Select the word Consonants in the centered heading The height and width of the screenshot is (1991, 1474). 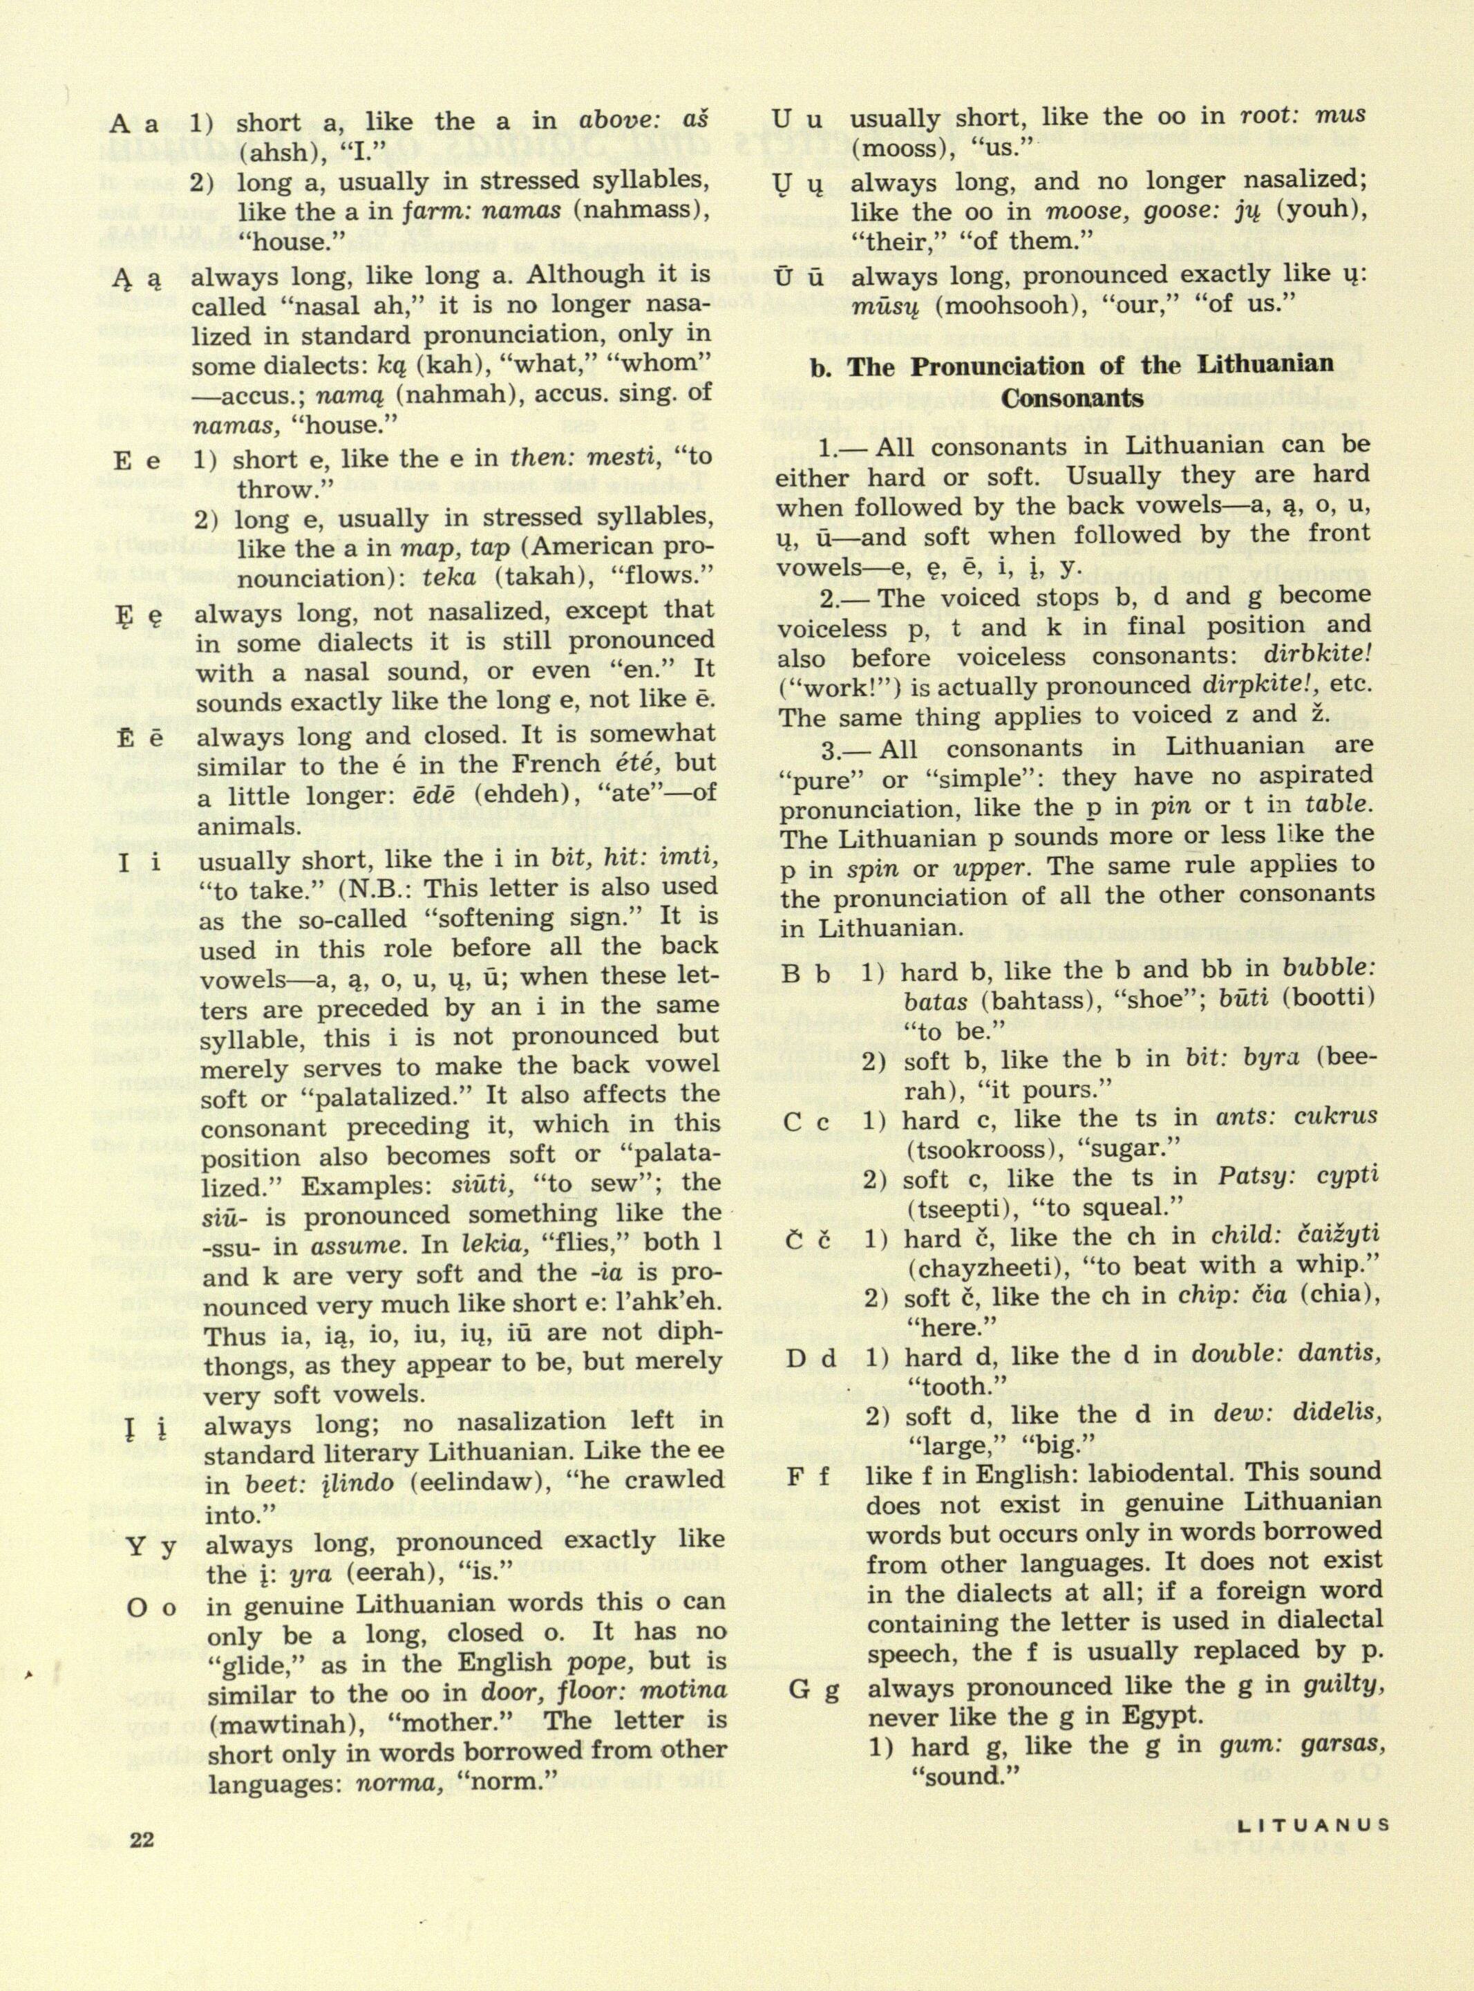point(1072,398)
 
